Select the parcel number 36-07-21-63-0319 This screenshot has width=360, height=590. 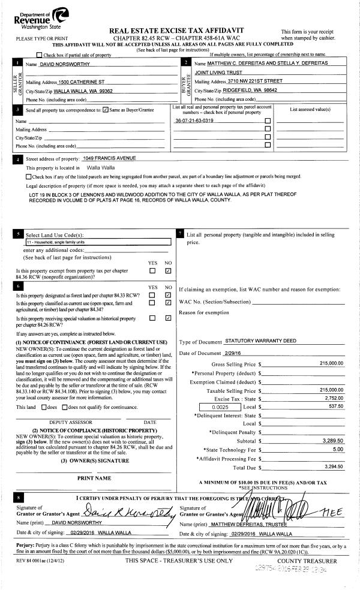coord(194,121)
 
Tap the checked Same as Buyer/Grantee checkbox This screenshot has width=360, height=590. coord(106,110)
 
